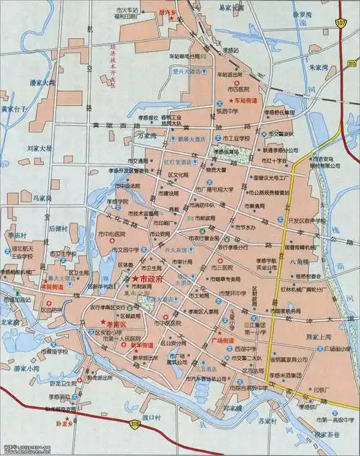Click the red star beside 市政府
click(x=135, y=278)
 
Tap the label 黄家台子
click(x=14, y=109)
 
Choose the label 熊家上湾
click(x=318, y=336)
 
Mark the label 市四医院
click(x=238, y=88)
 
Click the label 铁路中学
click(x=228, y=112)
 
